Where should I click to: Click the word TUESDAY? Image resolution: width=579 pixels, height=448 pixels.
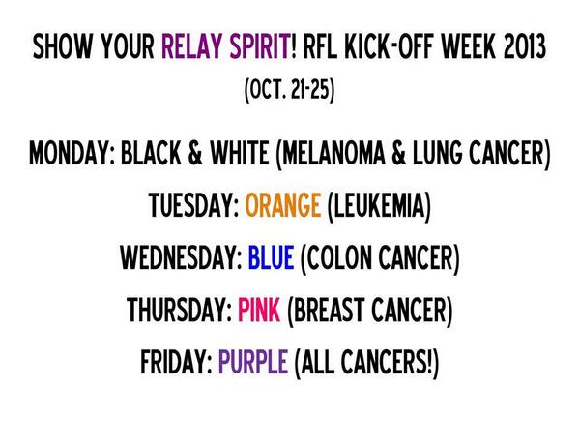(193, 206)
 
